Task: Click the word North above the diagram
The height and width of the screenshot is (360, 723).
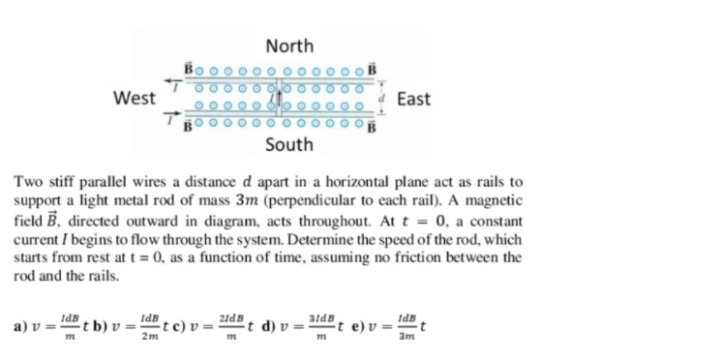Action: pyautogui.click(x=288, y=45)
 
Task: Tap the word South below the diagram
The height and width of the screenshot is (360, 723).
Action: pyautogui.click(x=288, y=144)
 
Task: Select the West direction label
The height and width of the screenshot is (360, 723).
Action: pyautogui.click(x=134, y=98)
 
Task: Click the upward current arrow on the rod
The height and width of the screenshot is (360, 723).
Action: pyautogui.click(x=280, y=93)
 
